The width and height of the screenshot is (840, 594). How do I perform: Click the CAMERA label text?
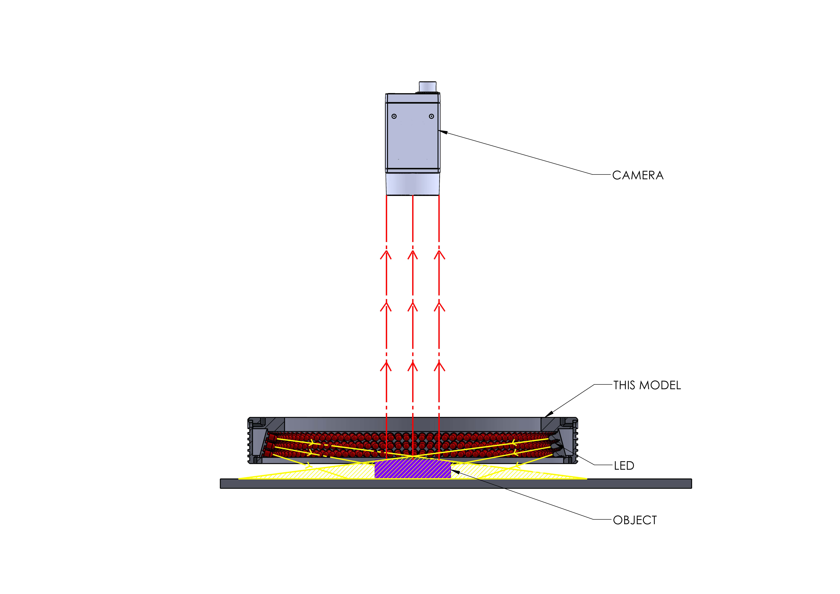(x=638, y=175)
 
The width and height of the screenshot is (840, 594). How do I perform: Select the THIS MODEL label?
(x=647, y=385)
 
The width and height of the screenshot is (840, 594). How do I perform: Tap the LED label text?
(x=624, y=466)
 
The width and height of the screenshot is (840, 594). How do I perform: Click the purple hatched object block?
(x=412, y=470)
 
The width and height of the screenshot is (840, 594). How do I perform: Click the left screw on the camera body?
(x=394, y=116)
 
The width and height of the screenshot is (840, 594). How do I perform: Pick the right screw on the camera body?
(x=431, y=116)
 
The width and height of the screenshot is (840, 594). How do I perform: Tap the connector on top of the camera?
(x=428, y=87)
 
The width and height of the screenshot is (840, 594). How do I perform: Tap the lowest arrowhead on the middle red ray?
(x=413, y=366)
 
